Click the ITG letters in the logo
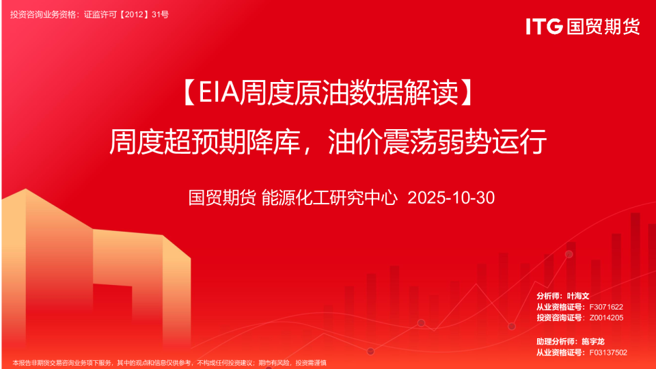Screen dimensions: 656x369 tap(544, 27)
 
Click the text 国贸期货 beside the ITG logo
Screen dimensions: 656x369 tap(603, 27)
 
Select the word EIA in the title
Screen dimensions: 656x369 tap(219, 92)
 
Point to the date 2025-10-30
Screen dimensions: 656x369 tap(451, 198)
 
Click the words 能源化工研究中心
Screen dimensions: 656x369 tap(329, 198)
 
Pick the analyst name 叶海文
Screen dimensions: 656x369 tap(578, 296)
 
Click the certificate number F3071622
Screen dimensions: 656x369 tap(606, 307)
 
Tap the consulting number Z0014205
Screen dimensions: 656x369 tap(606, 318)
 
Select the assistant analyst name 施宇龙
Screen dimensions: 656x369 tap(593, 342)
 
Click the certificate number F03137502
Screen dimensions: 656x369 tap(608, 353)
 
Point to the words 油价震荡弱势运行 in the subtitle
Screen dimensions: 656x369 tap(437, 142)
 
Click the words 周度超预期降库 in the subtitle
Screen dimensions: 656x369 tap(205, 142)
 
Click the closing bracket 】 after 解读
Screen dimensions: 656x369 tap(467, 92)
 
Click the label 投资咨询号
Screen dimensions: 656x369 tap(558, 318)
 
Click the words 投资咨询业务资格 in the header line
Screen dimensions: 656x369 tap(44, 14)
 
